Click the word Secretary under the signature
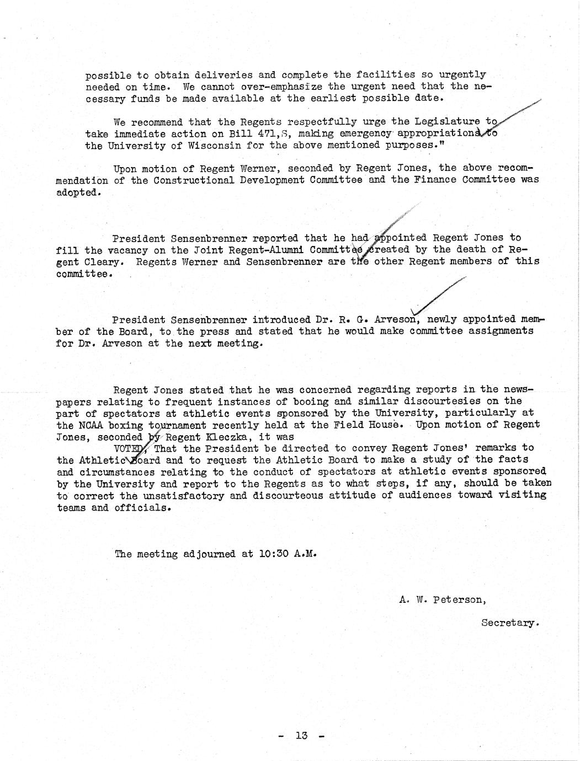click(x=508, y=623)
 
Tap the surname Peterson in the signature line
click(x=457, y=599)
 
